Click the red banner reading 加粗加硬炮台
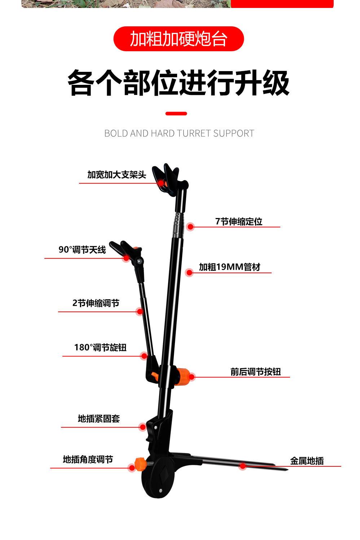pyautogui.click(x=179, y=39)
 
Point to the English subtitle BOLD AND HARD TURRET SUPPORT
pyautogui.click(x=179, y=133)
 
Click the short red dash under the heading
pyautogui.click(x=176, y=114)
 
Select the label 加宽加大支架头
pyautogui.click(x=117, y=175)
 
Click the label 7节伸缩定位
pyautogui.click(x=238, y=222)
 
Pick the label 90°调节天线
pyautogui.click(x=82, y=250)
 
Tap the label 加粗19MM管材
pyautogui.click(x=229, y=267)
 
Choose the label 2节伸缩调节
pyautogui.click(x=96, y=303)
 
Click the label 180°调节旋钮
pyautogui.click(x=100, y=348)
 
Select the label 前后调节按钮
pyautogui.click(x=255, y=372)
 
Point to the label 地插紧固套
pyautogui.click(x=99, y=419)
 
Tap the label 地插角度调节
pyautogui.click(x=88, y=460)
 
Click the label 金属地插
pyautogui.click(x=307, y=461)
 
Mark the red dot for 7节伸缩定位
pyautogui.click(x=190, y=227)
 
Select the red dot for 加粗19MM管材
pyautogui.click(x=189, y=273)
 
